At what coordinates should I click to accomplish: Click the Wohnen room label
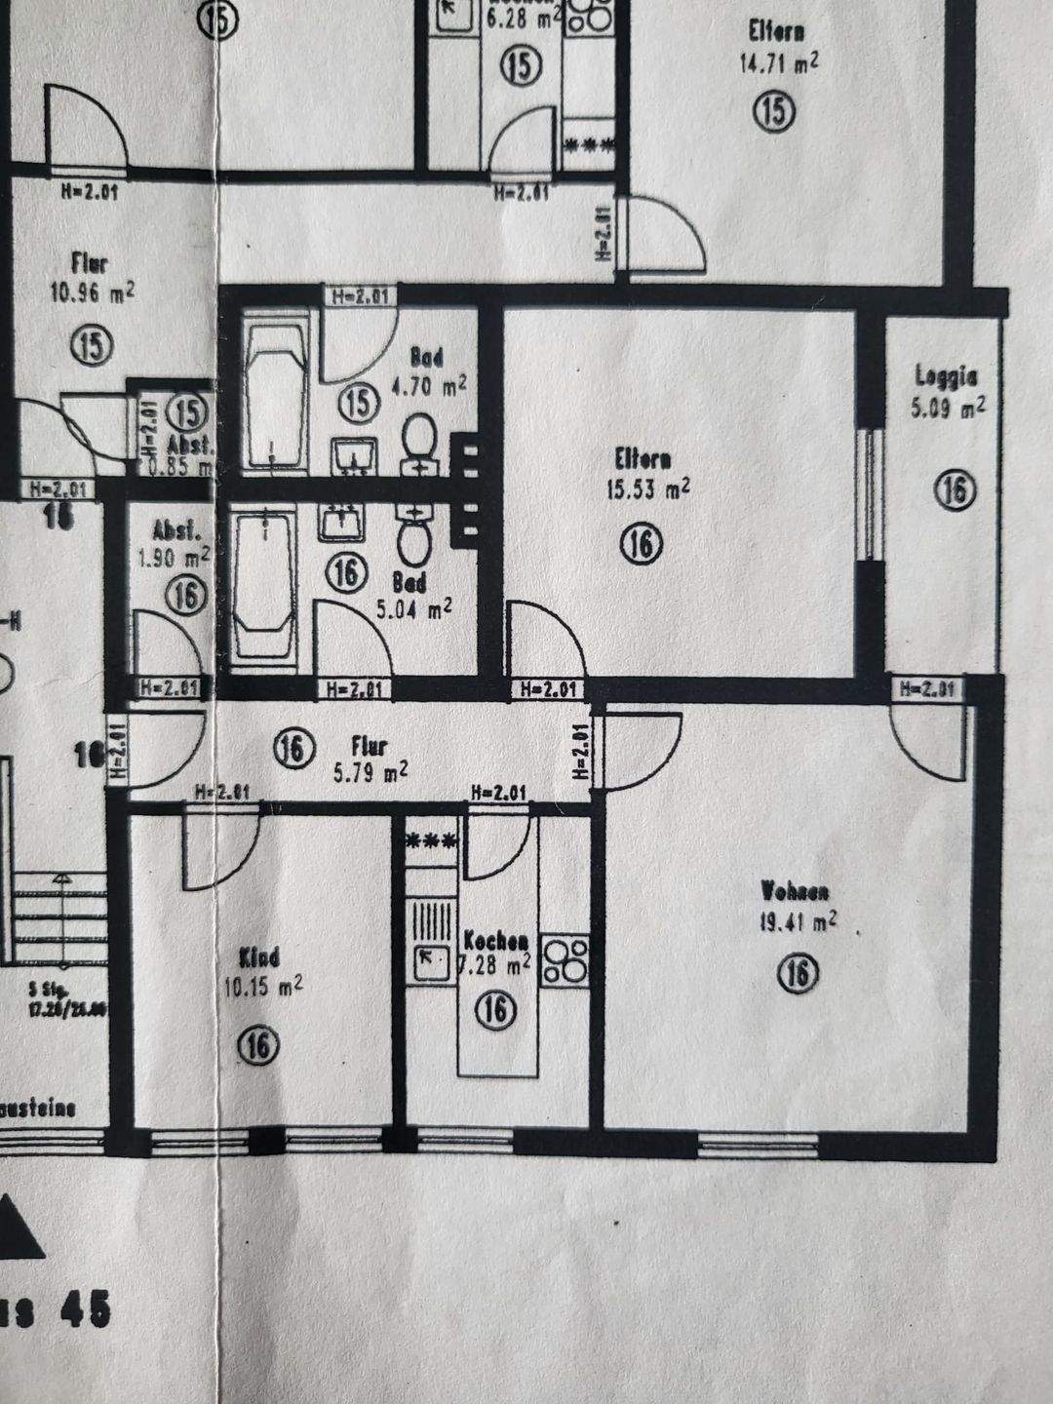point(795,891)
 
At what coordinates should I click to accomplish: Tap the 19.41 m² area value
point(798,921)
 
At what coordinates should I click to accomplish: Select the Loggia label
point(946,375)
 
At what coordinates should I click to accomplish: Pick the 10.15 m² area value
point(262,987)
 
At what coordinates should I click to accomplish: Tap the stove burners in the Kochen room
point(565,960)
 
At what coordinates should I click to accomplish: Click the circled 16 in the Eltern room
point(641,544)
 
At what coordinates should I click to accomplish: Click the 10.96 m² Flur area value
point(91,292)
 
